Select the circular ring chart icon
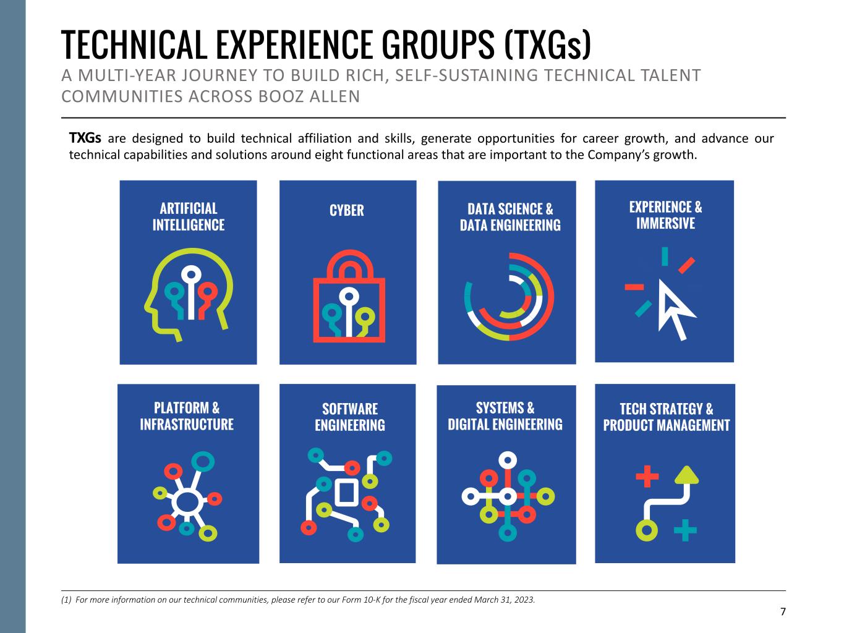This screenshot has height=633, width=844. point(509,296)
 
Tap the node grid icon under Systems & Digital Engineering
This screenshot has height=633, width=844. point(508,496)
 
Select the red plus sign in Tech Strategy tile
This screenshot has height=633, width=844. point(647,477)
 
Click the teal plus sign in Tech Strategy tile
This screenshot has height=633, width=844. point(684,530)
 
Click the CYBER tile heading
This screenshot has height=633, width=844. point(347,211)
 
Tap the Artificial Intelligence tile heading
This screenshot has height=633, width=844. point(189,216)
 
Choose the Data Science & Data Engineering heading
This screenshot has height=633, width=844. point(510,217)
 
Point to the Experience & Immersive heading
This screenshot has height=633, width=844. point(665,215)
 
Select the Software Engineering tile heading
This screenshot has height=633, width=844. point(350,417)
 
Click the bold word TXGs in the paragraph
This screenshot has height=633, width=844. point(85,138)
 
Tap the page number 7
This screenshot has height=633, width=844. point(783,612)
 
